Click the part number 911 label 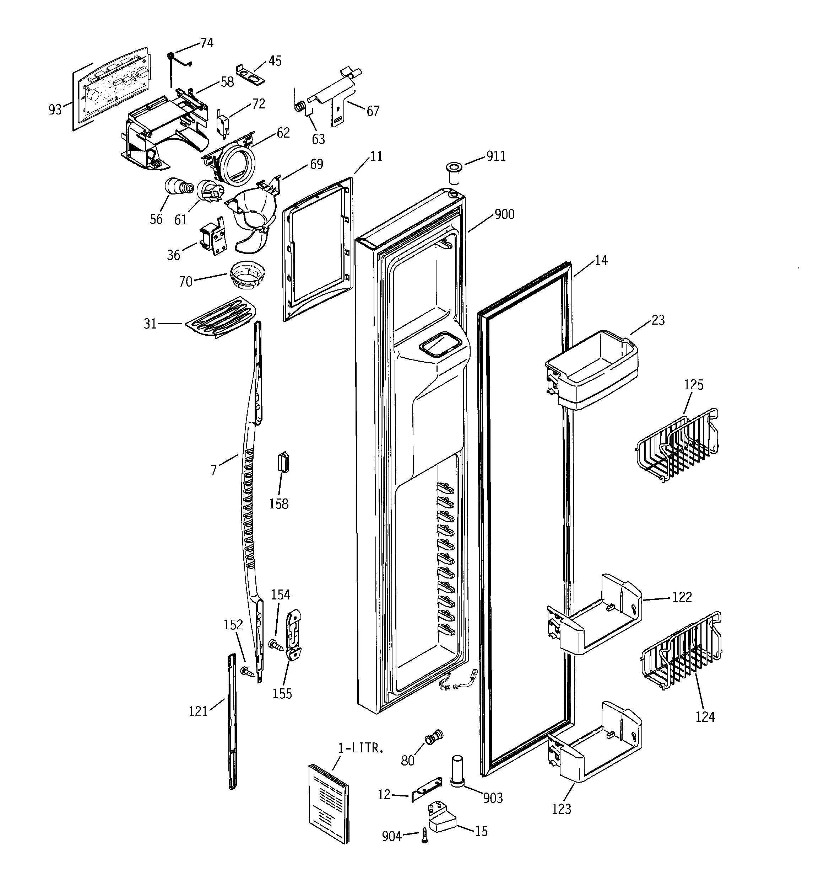pos(496,156)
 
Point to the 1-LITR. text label pos(360,748)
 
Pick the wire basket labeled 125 pos(676,444)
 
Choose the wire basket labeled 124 pos(680,650)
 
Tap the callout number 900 pos(504,214)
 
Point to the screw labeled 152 pos(247,672)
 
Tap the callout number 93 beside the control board pos(55,110)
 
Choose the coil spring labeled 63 pos(300,107)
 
